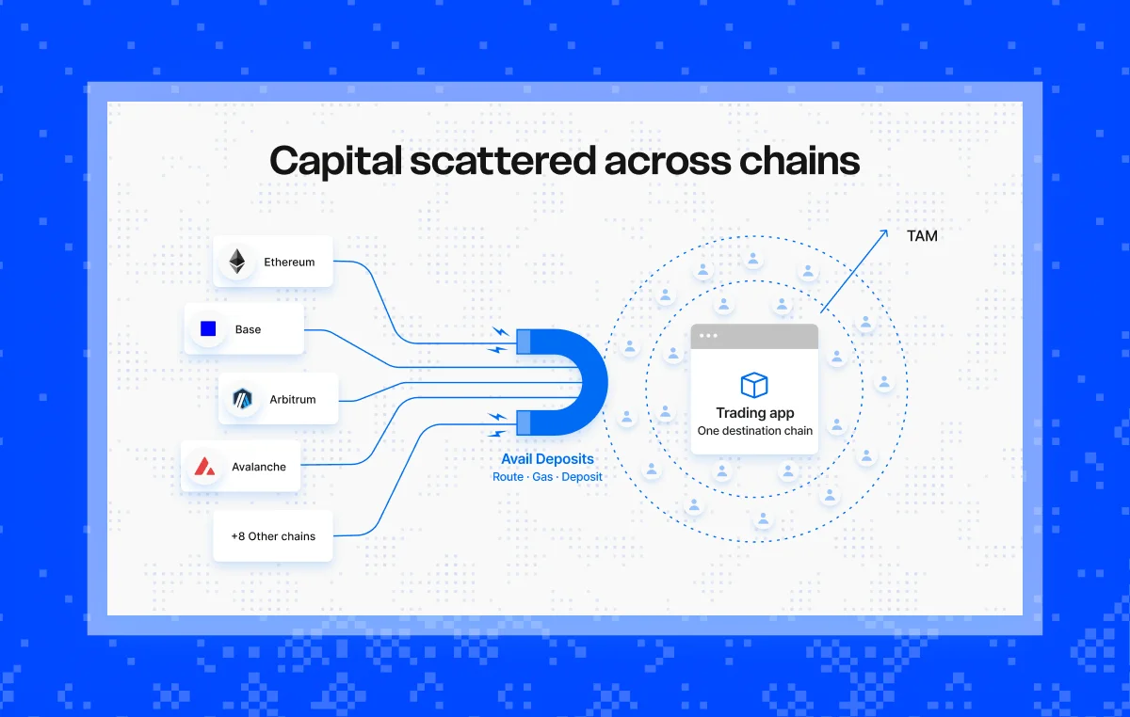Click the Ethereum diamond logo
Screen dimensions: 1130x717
237,262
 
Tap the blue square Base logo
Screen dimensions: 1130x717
208,328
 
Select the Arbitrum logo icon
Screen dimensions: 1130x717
242,399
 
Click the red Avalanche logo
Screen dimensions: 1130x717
205,467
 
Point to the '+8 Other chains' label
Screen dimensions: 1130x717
273,536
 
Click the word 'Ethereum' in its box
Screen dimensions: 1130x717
289,263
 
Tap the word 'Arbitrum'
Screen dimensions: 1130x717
293,399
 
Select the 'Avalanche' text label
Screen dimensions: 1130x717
259,467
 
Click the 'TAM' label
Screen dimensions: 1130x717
922,236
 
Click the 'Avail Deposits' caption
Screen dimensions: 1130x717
547,459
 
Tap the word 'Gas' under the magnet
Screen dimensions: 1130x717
542,477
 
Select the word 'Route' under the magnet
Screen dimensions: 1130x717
508,477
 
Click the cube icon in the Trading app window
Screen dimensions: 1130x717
754,385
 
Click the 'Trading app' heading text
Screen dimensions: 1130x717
755,413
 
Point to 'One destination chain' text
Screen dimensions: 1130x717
755,431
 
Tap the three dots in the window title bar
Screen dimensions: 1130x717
708,335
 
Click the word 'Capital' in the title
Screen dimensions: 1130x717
335,161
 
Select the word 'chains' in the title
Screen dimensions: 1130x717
799,161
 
